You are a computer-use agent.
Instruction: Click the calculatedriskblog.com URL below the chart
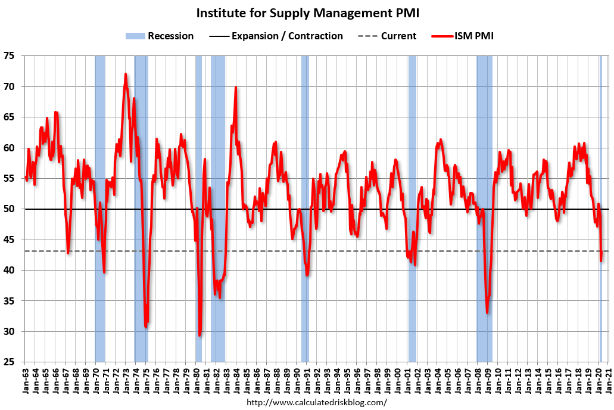tap(316, 403)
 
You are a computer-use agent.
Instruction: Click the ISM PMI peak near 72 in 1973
tap(126, 74)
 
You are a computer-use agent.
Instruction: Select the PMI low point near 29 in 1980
tap(200, 336)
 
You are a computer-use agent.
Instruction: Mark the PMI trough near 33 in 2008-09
tap(487, 313)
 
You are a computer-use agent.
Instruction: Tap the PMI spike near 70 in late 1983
tap(236, 87)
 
